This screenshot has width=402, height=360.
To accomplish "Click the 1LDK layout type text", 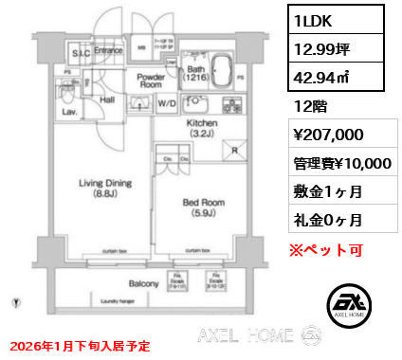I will click(309, 19).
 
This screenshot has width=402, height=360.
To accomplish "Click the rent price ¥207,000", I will click(329, 135).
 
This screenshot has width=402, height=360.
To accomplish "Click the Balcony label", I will click(144, 282).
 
